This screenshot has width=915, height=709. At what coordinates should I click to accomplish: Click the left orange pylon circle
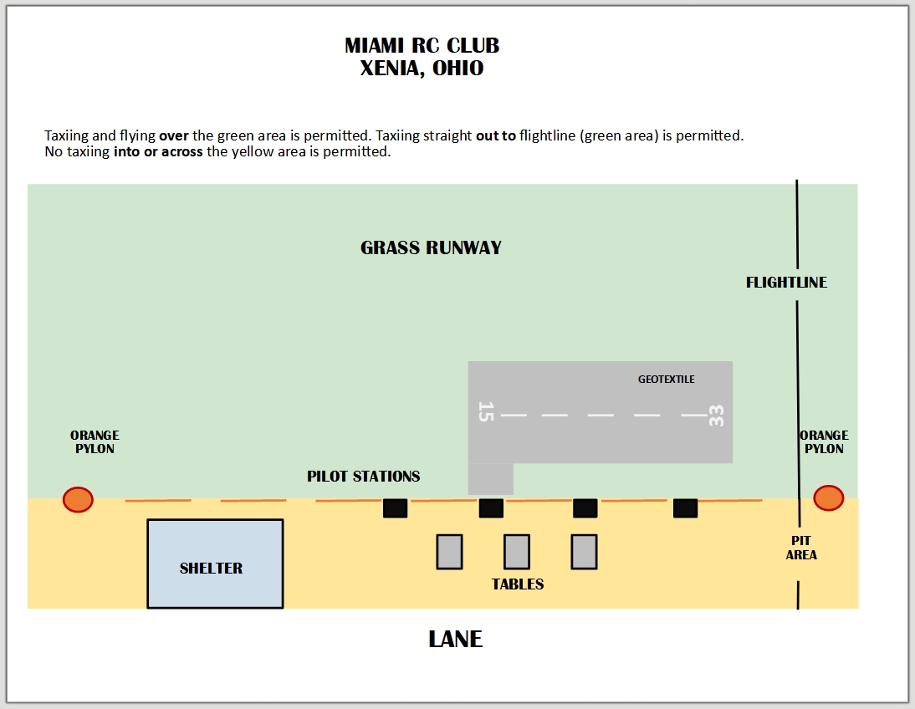[78, 500]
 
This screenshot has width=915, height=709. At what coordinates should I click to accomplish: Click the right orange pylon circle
[828, 497]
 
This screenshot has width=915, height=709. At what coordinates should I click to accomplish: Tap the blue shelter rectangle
[215, 564]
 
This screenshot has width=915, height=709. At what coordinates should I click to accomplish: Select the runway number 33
[716, 416]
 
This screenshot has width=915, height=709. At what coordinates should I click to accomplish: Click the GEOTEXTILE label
[666, 380]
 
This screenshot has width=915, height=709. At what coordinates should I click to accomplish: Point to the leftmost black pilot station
[395, 508]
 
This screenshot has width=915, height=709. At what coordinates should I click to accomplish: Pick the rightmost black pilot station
[685, 508]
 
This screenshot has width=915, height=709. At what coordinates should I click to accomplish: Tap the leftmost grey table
[449, 552]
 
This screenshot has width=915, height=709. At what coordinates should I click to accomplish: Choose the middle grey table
[516, 552]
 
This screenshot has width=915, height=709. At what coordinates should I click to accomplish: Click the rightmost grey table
[584, 552]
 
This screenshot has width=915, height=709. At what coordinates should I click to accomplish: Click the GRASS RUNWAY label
[431, 248]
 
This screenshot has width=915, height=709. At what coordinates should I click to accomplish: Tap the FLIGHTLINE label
[786, 283]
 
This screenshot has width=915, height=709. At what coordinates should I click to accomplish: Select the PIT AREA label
[801, 548]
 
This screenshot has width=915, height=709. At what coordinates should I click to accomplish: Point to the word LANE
[455, 640]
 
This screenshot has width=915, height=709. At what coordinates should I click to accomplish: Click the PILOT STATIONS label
[363, 477]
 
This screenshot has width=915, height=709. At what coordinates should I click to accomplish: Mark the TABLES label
[518, 584]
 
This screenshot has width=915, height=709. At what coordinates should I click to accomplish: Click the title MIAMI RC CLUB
[422, 45]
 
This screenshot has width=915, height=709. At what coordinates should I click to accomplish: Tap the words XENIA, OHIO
[422, 69]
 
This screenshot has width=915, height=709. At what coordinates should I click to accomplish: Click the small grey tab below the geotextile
[490, 479]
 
